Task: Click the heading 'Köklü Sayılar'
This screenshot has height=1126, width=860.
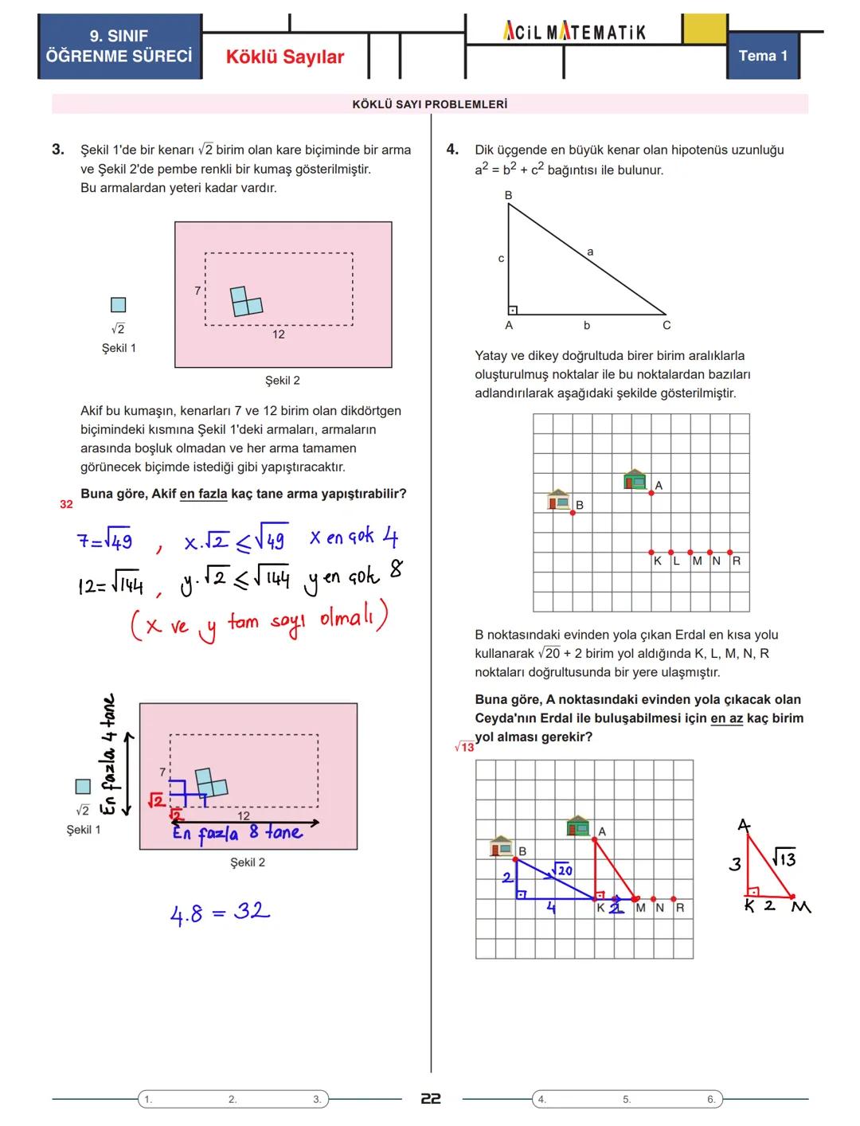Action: click(x=285, y=57)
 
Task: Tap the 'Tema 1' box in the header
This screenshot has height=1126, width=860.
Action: click(x=762, y=56)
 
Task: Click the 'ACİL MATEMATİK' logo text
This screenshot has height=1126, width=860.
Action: click(x=574, y=32)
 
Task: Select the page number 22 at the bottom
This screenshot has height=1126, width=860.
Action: click(x=431, y=1099)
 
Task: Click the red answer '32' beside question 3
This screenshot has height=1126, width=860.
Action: click(x=66, y=504)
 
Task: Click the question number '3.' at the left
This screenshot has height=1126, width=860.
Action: click(x=58, y=150)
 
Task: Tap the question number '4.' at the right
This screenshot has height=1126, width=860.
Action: click(x=452, y=150)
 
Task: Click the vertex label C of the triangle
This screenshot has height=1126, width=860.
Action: click(x=666, y=325)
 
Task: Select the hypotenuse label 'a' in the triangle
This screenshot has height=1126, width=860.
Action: click(x=590, y=252)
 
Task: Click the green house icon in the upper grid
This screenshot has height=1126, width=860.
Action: click(x=635, y=479)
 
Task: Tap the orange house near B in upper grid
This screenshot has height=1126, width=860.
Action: click(x=559, y=499)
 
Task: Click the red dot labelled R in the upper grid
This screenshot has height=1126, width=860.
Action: click(x=729, y=552)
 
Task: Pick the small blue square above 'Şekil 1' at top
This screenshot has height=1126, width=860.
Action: click(x=118, y=305)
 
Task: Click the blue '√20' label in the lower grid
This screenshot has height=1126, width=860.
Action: click(x=562, y=870)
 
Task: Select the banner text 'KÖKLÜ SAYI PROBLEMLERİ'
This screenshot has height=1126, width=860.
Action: click(x=430, y=104)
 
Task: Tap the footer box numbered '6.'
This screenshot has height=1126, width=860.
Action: click(x=711, y=1099)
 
